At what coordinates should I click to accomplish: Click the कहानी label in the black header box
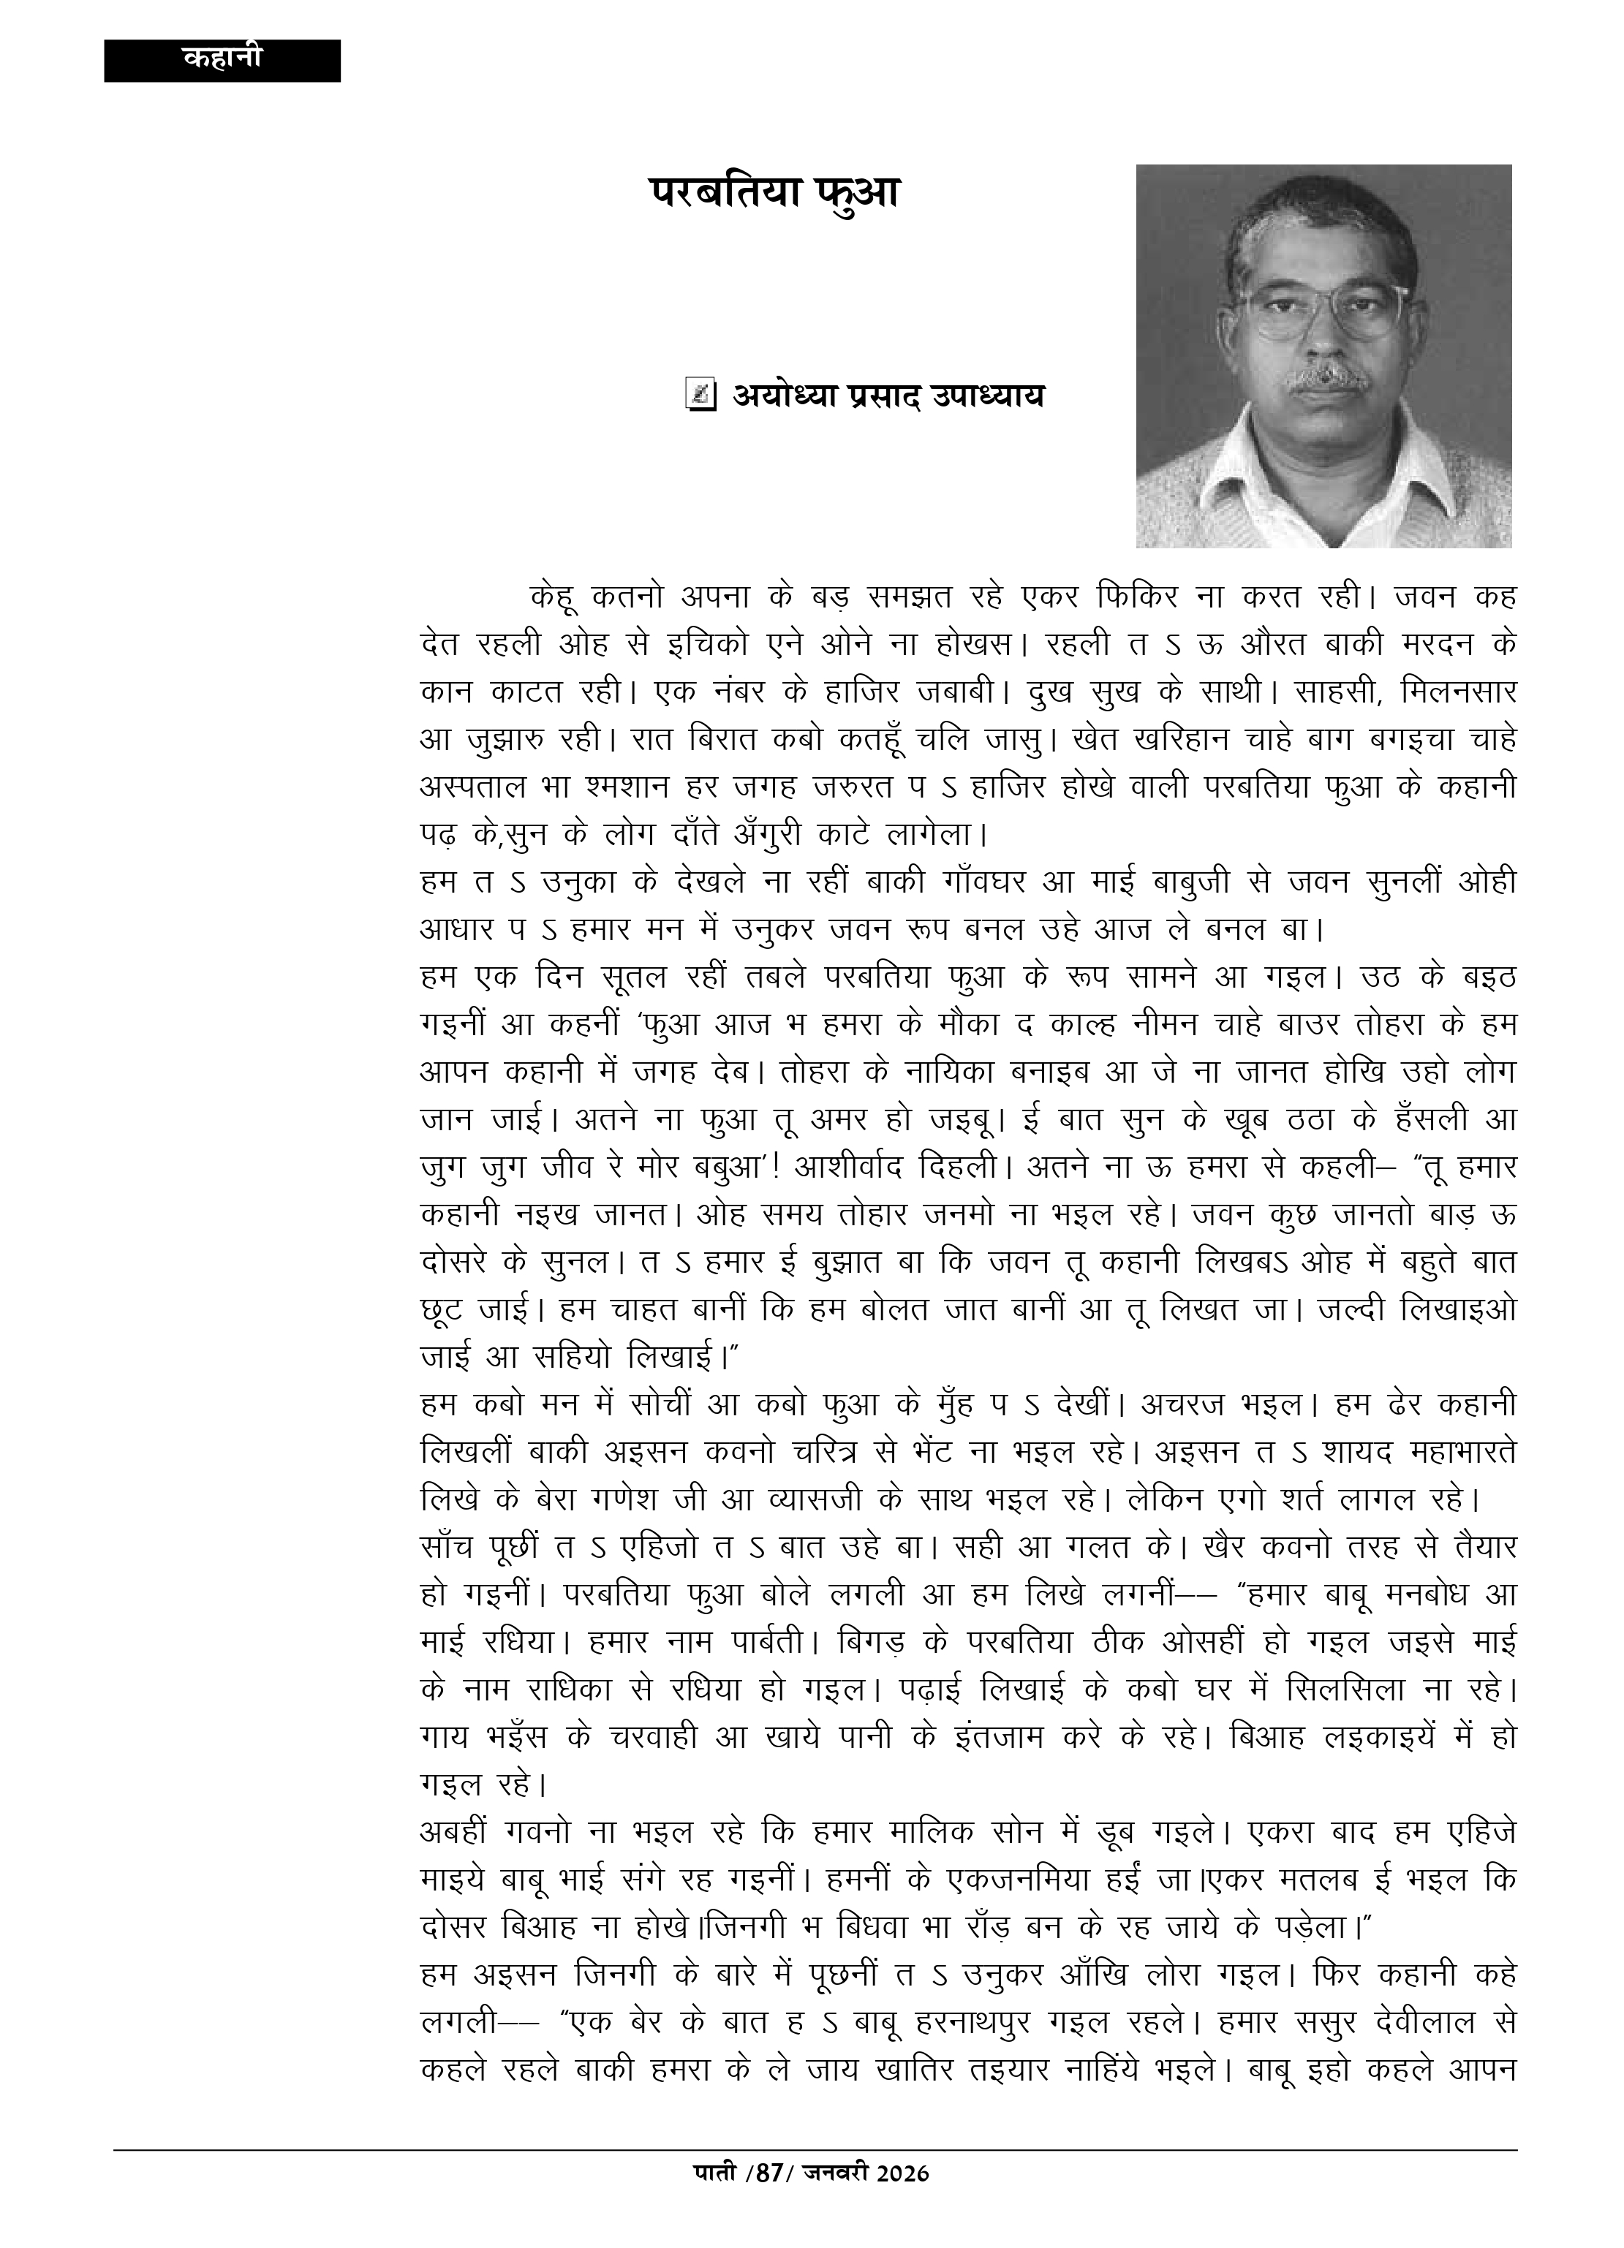pyautogui.click(x=222, y=58)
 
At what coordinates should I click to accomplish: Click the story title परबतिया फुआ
pyautogui.click(x=774, y=192)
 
